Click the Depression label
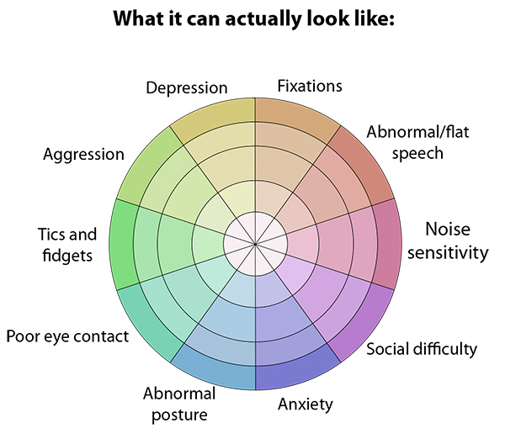click(186, 87)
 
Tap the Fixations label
click(310, 86)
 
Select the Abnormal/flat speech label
click(405, 142)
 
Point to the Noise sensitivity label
click(456, 240)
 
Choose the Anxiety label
click(305, 404)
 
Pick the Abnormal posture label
click(178, 403)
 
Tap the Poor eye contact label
click(67, 337)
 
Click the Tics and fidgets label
click(67, 244)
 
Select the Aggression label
click(83, 155)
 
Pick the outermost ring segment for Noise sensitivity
click(384, 244)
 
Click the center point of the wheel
click(254, 244)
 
